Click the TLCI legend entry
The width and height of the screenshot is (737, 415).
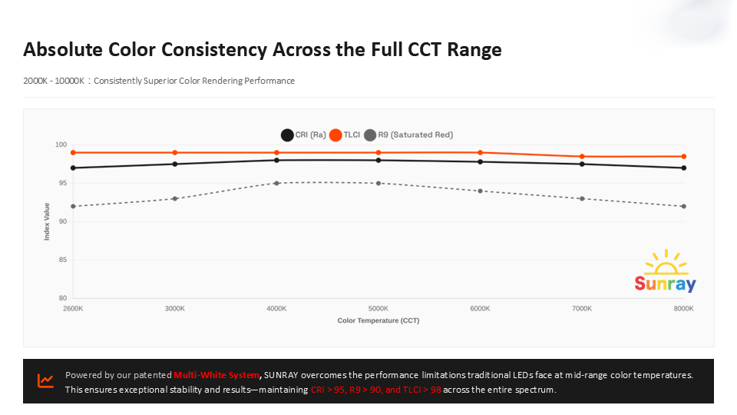point(345,134)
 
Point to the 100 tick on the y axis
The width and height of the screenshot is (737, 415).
point(61,145)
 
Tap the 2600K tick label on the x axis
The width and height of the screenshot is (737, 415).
point(73,308)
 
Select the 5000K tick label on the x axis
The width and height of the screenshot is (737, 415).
point(378,308)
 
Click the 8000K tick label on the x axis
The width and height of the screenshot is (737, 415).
point(683,308)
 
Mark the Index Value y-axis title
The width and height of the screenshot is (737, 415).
point(47,221)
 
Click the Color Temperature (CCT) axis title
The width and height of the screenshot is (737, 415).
point(378,320)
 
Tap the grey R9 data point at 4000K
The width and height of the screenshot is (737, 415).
point(276,183)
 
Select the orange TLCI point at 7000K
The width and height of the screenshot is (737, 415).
point(582,157)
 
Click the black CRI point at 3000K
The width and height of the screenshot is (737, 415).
point(175,164)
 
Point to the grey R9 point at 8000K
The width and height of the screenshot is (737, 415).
point(683,206)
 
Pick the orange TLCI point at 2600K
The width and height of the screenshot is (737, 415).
point(73,153)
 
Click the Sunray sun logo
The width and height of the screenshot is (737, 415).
point(666,271)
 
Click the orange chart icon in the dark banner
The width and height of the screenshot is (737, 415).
point(46,380)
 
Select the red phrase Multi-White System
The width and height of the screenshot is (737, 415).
point(216,375)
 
